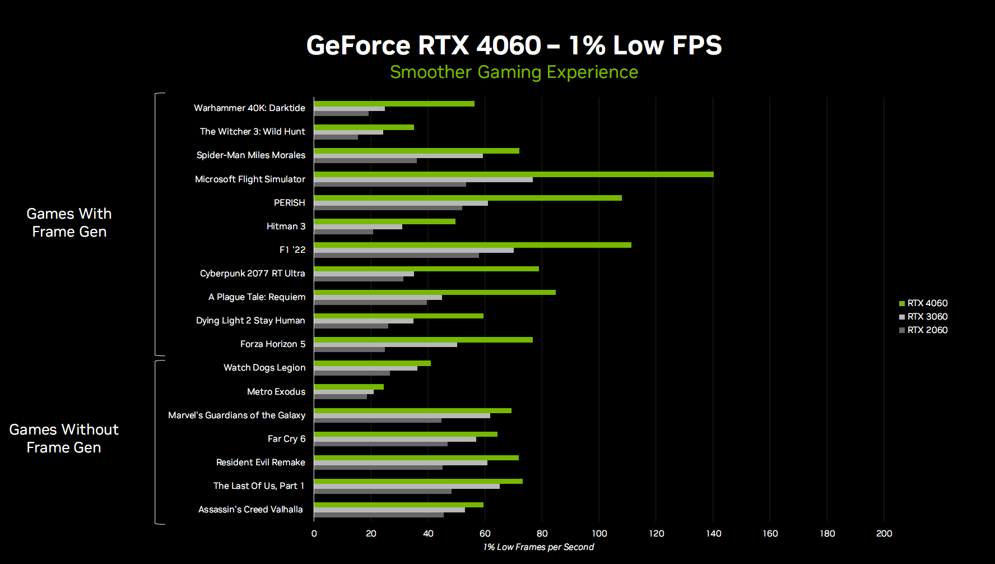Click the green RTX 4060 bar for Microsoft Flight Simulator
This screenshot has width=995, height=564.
click(x=513, y=174)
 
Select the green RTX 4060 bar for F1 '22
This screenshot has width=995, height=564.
click(x=472, y=245)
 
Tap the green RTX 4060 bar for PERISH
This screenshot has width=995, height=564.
click(x=468, y=198)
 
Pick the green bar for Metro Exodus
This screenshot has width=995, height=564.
click(x=348, y=387)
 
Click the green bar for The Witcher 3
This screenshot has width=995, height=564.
click(x=364, y=127)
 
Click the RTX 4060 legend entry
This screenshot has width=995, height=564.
click(x=923, y=303)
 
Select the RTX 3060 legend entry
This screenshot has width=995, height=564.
click(x=923, y=317)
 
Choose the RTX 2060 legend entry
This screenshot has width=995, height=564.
click(x=923, y=330)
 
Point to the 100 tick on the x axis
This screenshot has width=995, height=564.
click(x=599, y=533)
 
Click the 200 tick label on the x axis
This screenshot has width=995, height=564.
click(x=884, y=533)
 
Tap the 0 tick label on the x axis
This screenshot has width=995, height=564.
click(x=314, y=533)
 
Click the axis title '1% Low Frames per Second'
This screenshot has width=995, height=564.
click(x=538, y=547)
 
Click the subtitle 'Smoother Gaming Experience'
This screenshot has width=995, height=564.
click(x=514, y=72)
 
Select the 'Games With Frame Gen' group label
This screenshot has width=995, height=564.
click(x=69, y=223)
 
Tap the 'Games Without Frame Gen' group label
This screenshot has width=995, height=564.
click(x=64, y=438)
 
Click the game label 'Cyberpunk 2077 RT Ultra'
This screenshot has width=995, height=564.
click(x=252, y=274)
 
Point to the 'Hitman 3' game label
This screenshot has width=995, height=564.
click(x=286, y=226)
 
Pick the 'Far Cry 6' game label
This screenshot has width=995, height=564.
click(x=286, y=439)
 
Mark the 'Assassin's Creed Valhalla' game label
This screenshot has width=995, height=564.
click(x=250, y=510)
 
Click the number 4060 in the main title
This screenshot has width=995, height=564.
click(x=509, y=45)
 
